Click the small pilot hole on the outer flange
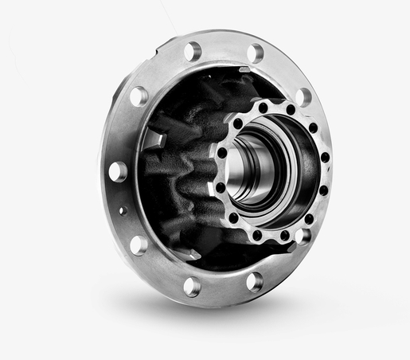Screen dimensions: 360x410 click(x=122, y=211)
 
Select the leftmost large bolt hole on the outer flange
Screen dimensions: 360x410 click(x=118, y=170)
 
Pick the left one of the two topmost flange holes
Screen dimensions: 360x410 click(x=192, y=52)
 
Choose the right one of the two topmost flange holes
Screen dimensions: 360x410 click(x=255, y=53)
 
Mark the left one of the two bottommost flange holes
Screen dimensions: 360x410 click(x=192, y=285)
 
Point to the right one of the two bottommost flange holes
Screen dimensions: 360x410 click(x=254, y=280)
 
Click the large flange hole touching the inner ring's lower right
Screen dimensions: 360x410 click(x=303, y=236)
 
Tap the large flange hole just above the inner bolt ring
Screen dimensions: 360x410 click(x=303, y=96)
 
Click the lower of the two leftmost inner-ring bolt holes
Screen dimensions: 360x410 click(x=221, y=187)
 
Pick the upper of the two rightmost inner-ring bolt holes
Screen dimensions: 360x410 click(x=323, y=157)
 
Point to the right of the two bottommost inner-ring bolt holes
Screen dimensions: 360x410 click(x=284, y=234)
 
